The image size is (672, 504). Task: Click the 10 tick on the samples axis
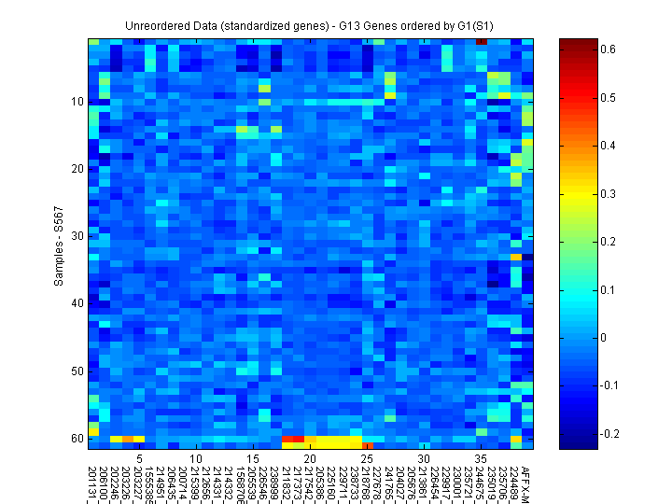(77, 101)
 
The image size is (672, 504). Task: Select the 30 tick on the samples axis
(77, 236)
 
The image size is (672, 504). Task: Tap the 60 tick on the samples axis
(77, 438)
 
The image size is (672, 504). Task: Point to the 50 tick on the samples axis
(77, 371)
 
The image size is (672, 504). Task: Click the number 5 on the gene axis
(139, 458)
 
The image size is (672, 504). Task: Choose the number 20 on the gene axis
(310, 458)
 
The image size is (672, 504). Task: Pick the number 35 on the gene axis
(481, 458)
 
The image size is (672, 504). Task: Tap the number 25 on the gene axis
(367, 458)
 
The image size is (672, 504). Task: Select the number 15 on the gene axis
(253, 458)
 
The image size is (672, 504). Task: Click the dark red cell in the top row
(481, 42)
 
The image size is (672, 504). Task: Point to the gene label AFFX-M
(526, 478)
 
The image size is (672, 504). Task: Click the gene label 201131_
(93, 481)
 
